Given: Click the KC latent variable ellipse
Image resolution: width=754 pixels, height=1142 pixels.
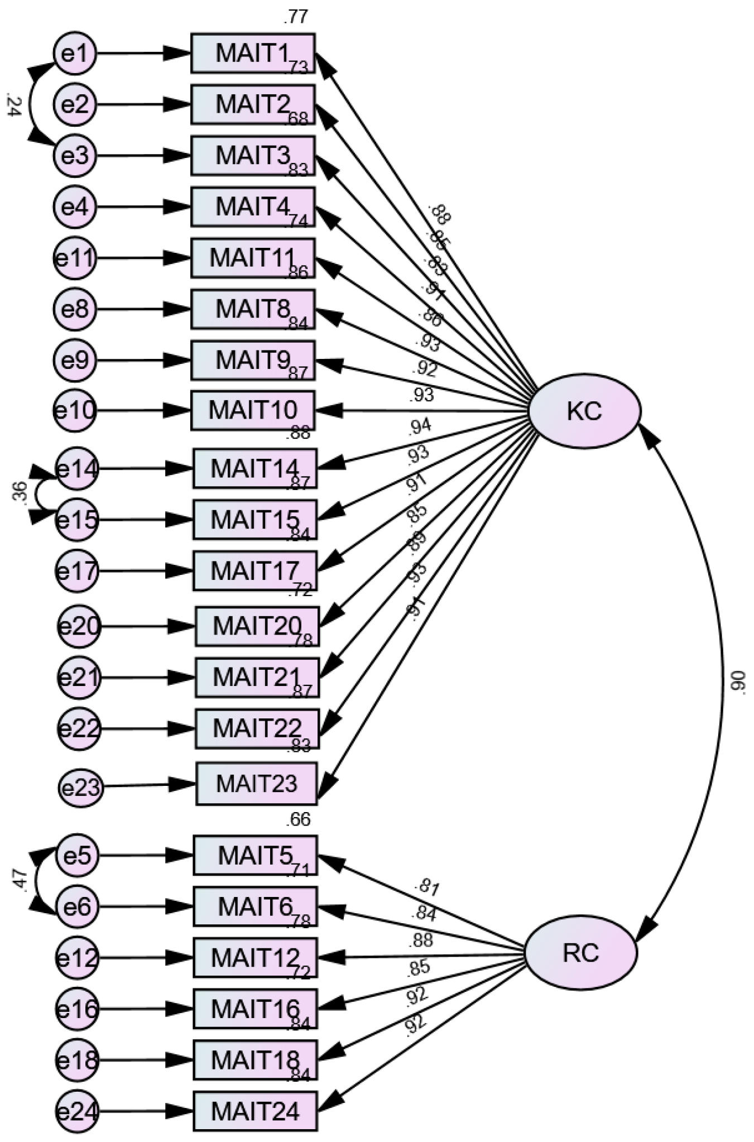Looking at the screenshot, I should tap(584, 411).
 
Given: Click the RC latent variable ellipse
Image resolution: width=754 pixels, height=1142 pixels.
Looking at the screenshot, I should tap(580, 953).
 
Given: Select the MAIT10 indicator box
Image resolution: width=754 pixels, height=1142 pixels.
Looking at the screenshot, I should tap(253, 411).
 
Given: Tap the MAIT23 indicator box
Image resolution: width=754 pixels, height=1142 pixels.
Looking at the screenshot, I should tap(256, 784).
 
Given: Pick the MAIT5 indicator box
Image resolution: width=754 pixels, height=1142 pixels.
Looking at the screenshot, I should tap(255, 855).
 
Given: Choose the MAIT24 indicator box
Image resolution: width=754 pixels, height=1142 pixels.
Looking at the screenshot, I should tap(255, 1111).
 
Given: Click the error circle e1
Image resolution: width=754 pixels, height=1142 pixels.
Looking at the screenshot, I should tap(75, 54).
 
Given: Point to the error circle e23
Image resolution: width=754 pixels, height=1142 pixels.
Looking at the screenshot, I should tap(80, 788).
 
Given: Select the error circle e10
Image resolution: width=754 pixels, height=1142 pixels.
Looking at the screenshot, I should tap(75, 411).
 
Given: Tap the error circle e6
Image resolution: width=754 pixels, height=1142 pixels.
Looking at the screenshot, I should tap(77, 906).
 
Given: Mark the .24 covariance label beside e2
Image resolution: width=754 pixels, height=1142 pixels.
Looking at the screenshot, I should tap(12, 105).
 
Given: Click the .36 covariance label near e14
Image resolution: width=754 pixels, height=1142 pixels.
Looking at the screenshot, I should tap(18, 492).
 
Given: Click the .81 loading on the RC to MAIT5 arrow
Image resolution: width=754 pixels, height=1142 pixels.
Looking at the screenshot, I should tap(427, 886).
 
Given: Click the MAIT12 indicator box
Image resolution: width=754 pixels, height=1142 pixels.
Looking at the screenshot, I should tap(255, 958).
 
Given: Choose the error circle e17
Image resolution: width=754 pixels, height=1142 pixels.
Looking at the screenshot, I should tap(77, 571).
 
